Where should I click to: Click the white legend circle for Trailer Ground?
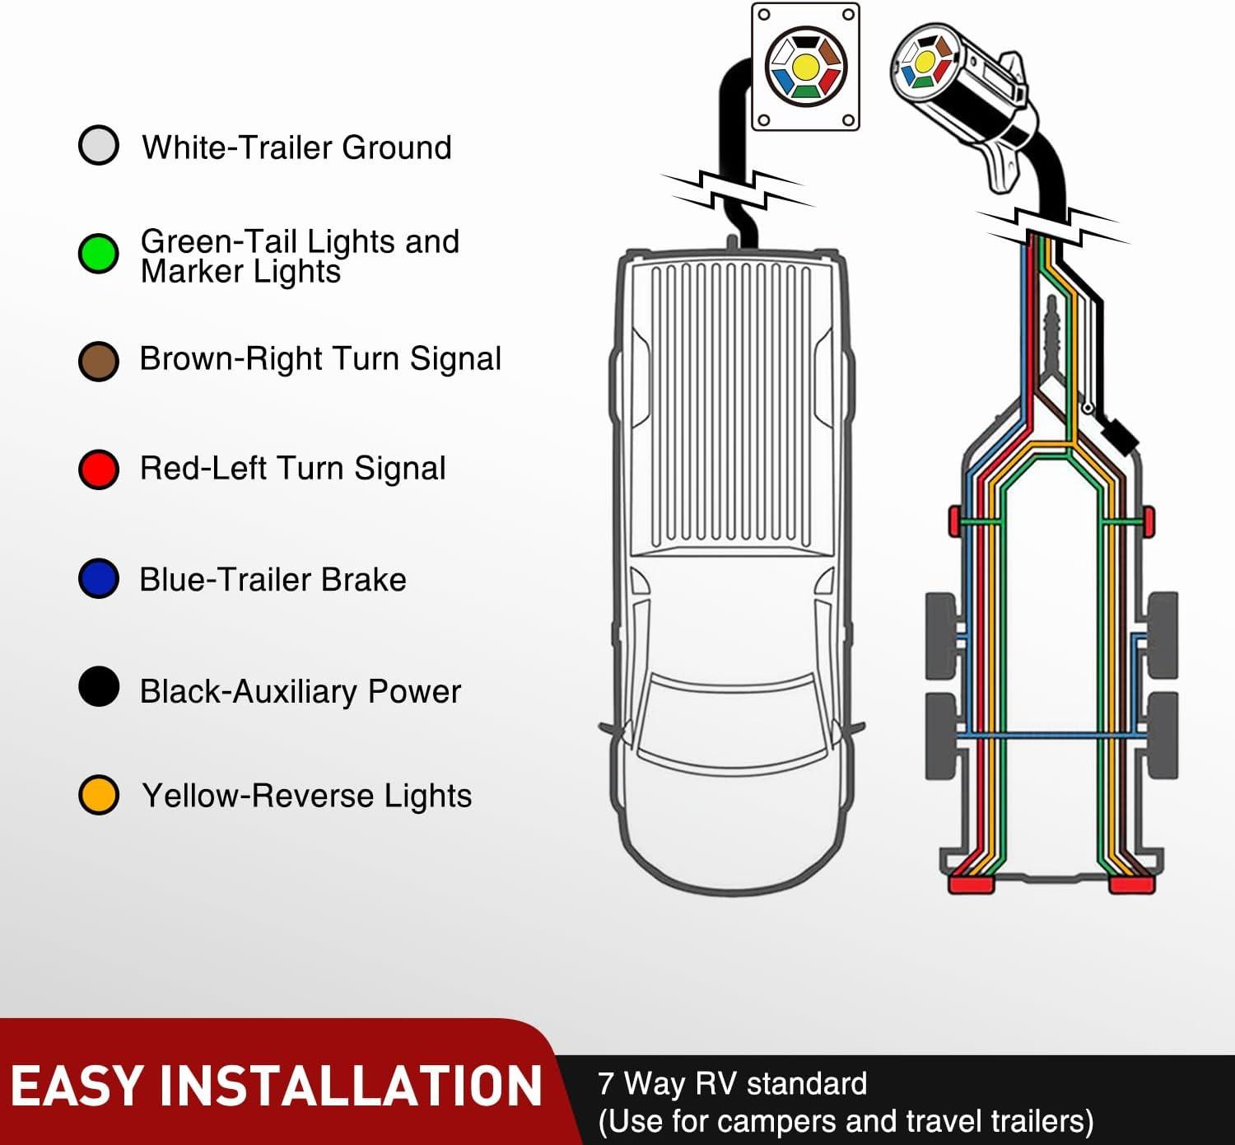click(x=99, y=146)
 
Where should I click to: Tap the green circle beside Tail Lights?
click(x=99, y=253)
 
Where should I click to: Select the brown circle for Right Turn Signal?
click(x=99, y=361)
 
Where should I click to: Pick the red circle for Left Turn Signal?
click(x=99, y=470)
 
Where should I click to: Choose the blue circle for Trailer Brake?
click(x=99, y=578)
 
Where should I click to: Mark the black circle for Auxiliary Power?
click(x=99, y=687)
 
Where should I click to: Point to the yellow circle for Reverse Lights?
click(x=99, y=795)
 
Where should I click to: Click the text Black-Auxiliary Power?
click(x=300, y=691)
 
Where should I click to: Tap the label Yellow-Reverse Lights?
click(x=306, y=796)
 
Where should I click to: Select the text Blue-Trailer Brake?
click(x=273, y=580)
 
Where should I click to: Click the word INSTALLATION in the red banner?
click(x=350, y=1086)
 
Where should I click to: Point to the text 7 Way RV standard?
click(x=732, y=1083)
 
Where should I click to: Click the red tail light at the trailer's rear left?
click(x=972, y=885)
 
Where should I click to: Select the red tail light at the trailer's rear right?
click(x=1131, y=885)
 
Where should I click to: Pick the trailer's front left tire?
click(x=941, y=634)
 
